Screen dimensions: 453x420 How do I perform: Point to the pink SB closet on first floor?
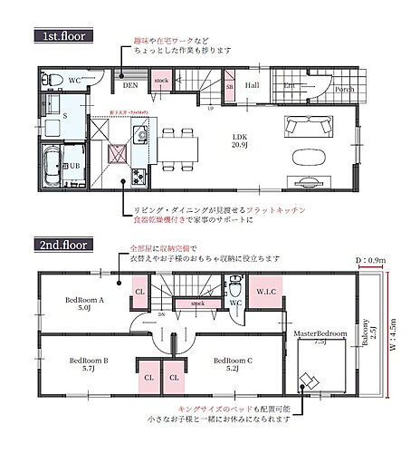tap(229, 87)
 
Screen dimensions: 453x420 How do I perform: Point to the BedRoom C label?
tap(232, 364)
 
